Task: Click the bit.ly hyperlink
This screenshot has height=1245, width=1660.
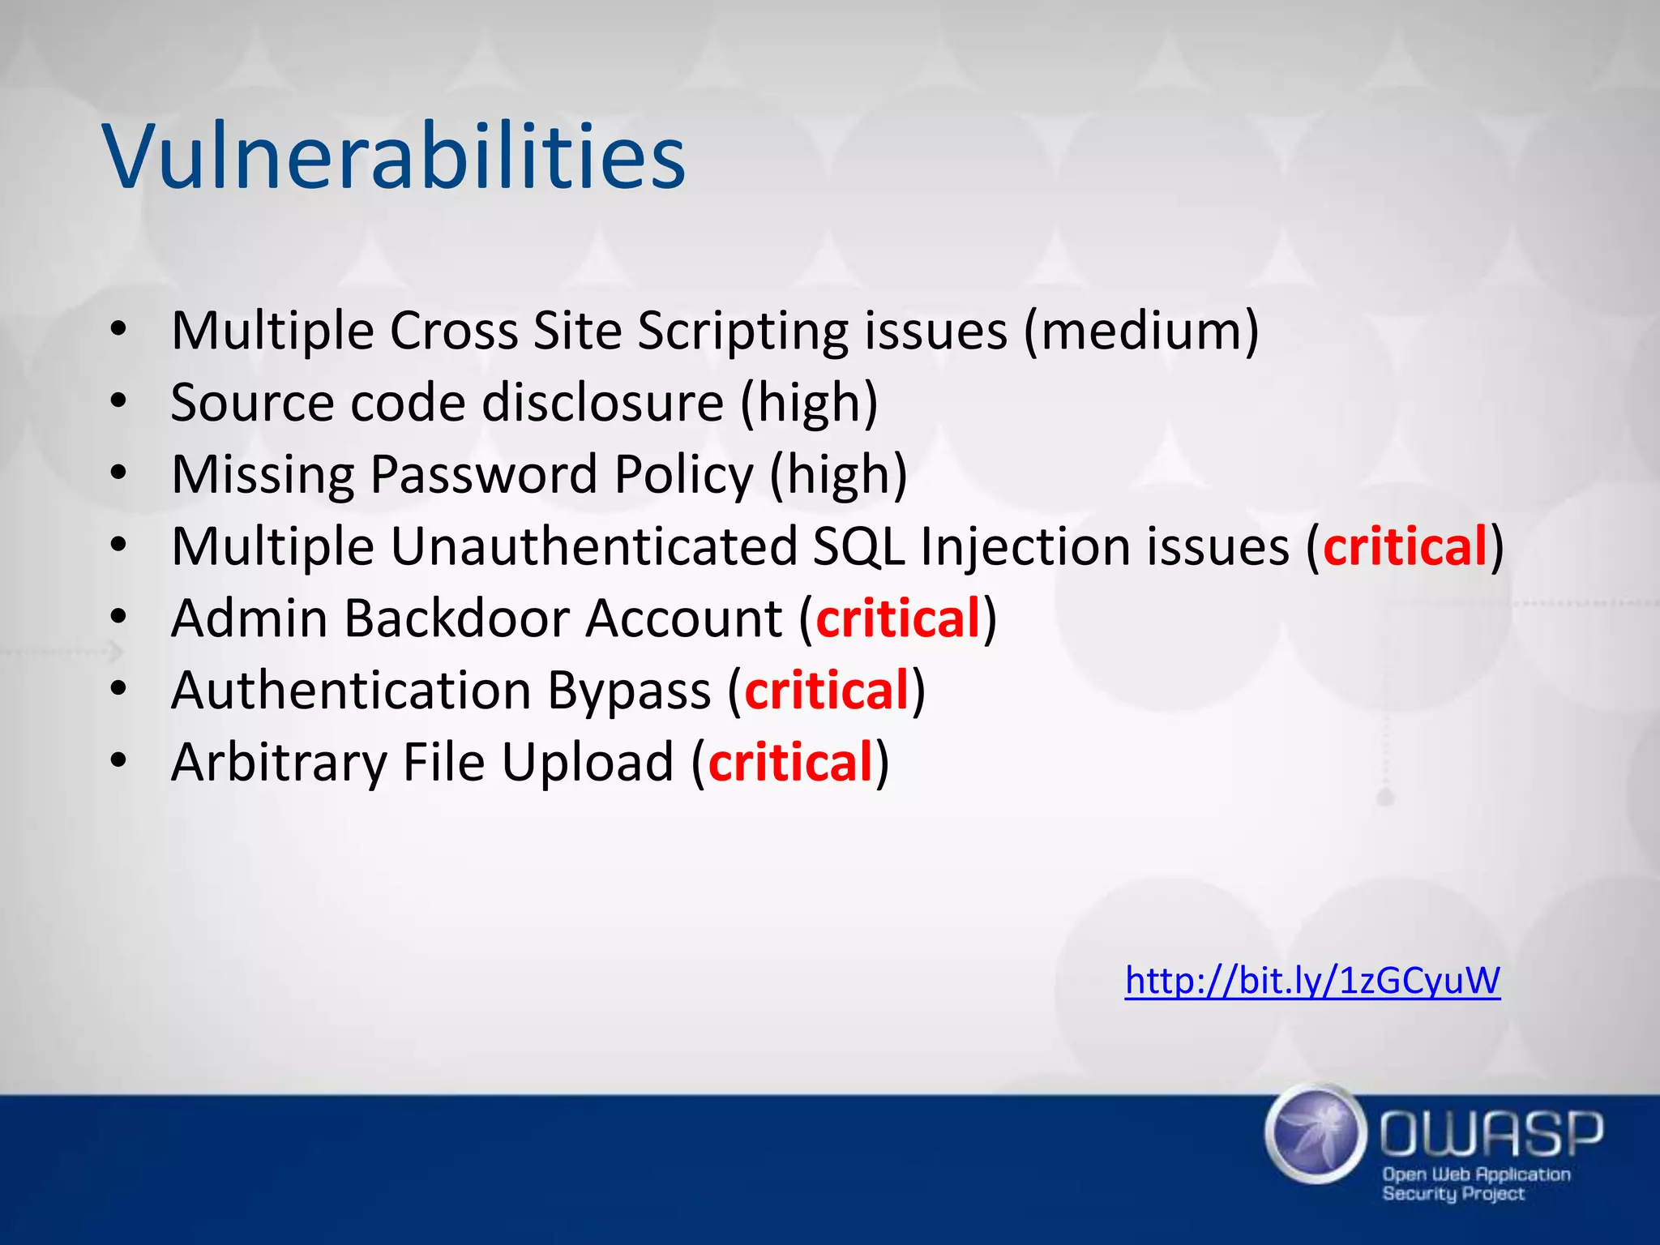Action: tap(1312, 981)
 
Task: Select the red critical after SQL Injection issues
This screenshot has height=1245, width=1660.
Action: tap(1405, 546)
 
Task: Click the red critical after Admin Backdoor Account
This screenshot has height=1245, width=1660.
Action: tap(898, 618)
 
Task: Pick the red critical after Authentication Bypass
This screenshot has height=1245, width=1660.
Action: tap(827, 691)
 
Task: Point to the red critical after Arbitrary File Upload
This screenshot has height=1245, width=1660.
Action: tap(790, 763)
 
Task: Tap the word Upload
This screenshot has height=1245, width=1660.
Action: tap(587, 763)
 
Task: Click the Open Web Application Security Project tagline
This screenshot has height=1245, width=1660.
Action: tap(1475, 1183)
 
